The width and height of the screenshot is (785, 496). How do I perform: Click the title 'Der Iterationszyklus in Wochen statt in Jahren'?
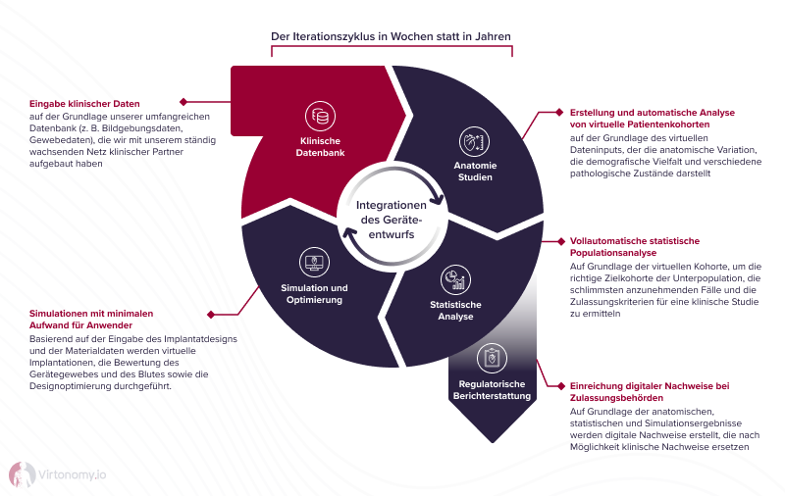392,37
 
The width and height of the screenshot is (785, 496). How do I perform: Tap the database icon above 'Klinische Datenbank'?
320,115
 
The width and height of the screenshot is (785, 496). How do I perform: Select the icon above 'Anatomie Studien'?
473,140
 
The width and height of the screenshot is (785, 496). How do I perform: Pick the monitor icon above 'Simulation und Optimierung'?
314,262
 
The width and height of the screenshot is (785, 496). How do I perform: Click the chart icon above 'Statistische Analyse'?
454,280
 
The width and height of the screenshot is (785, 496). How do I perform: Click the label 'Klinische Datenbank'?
320,147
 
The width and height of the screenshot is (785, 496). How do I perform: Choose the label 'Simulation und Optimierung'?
314,293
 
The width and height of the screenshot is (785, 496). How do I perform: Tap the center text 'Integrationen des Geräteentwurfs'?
392,220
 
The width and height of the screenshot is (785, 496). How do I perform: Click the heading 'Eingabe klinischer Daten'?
84,103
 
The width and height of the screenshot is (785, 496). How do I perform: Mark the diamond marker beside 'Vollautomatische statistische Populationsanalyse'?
559,239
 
